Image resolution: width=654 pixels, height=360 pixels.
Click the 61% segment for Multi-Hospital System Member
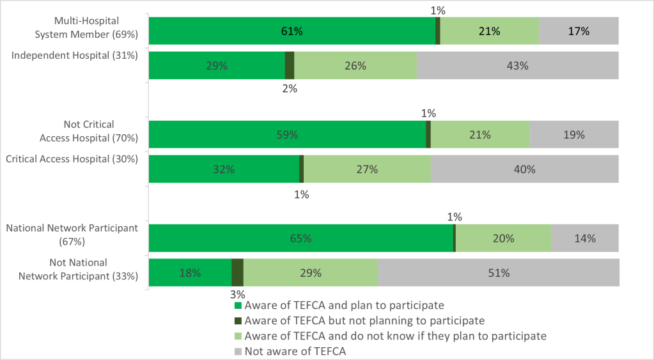pos(292,31)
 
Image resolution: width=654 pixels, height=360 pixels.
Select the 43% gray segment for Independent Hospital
pos(517,65)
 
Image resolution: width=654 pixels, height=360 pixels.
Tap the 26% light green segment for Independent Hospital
pos(355,65)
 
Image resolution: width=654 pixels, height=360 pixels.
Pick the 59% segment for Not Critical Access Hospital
pos(287,135)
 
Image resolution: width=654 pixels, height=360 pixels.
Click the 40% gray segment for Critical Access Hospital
pos(524,169)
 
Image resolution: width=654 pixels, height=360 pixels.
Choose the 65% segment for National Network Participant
pos(300,239)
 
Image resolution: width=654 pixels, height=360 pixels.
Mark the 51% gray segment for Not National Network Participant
pos(498,273)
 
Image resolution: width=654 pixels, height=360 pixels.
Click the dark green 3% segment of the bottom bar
pos(237,273)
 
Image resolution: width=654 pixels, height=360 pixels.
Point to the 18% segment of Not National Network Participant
pos(190,273)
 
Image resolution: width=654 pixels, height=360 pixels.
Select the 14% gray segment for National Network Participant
pos(584,239)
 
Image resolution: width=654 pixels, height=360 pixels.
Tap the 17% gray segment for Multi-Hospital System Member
pos(578,31)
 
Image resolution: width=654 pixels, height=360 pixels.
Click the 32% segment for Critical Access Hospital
pos(224,169)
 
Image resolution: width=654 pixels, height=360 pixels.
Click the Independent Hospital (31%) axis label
pos(75,56)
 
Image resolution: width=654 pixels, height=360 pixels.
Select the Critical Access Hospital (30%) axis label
pos(72,159)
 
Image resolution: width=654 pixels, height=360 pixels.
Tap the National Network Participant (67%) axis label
pos(72,235)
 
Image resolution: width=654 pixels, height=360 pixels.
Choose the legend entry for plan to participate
pos(343,306)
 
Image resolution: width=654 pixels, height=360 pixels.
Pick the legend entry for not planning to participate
pos(364,320)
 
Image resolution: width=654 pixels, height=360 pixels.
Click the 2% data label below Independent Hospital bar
pos(290,90)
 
